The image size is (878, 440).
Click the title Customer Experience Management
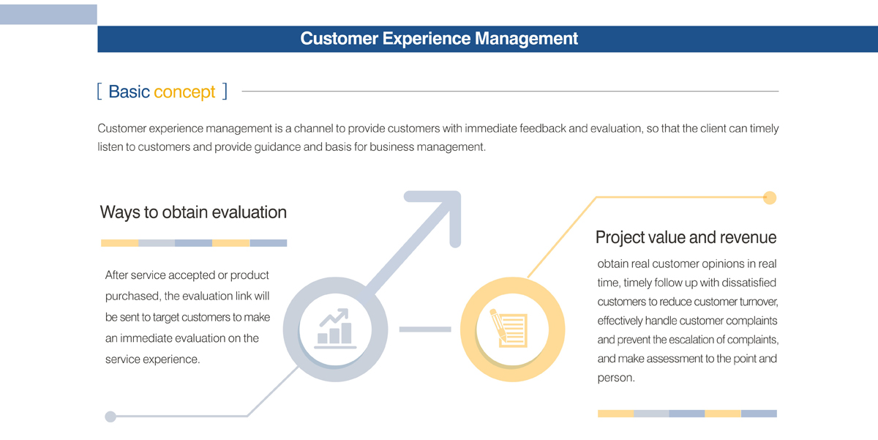pos(439,38)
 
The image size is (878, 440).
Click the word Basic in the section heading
pos(129,92)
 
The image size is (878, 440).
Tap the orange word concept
pos(184,92)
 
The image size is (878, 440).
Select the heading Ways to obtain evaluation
pos(193,212)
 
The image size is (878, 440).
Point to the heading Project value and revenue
pos(686,237)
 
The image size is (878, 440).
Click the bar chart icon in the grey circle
pos(336,329)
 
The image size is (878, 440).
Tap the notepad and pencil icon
pos(509,328)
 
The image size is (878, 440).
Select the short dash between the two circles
pos(425,329)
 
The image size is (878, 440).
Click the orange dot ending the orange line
pos(770,198)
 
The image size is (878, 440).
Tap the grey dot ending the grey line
pos(110,417)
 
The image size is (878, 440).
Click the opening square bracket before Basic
pos(100,92)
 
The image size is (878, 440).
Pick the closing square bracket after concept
pos(225,92)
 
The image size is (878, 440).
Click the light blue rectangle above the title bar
pos(48,15)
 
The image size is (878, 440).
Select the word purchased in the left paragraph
pos(132,297)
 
